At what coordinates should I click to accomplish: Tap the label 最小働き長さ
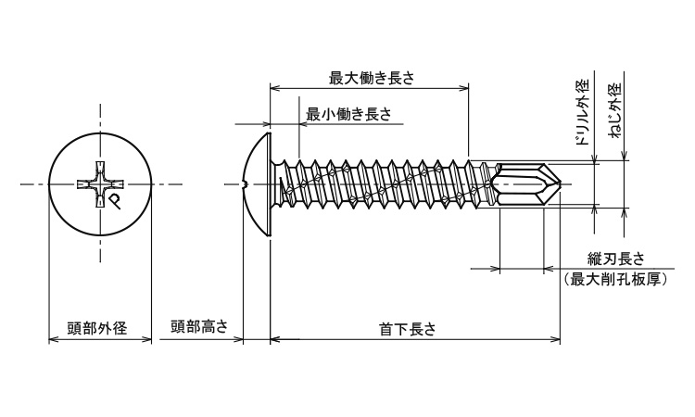[x=348, y=114]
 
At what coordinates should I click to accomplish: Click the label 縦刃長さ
[x=616, y=259]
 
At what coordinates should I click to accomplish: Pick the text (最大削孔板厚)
[x=616, y=279]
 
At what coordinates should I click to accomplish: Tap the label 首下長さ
[x=408, y=328]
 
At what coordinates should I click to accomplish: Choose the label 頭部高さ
[x=198, y=328]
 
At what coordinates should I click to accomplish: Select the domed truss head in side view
[x=255, y=183]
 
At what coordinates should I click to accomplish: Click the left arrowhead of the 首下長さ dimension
[x=273, y=340]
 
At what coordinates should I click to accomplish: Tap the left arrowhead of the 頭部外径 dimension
[x=52, y=340]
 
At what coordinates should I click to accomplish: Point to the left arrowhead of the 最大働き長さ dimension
[x=273, y=89]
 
